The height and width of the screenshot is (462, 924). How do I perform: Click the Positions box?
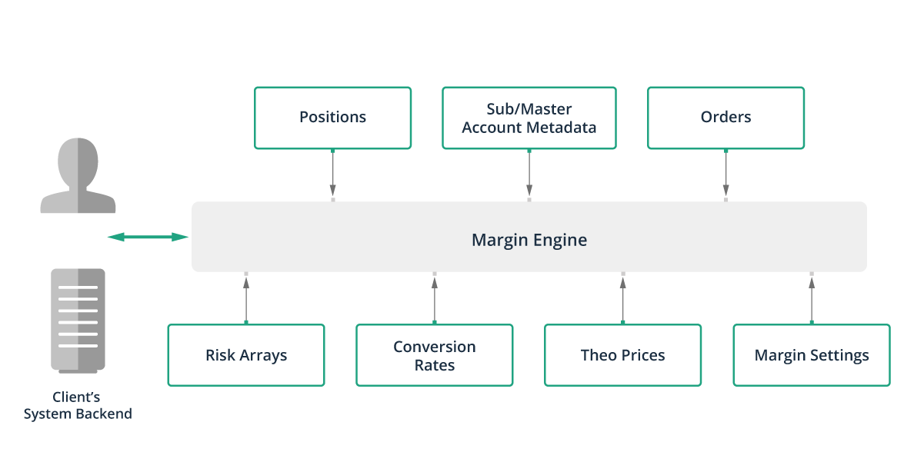(x=332, y=118)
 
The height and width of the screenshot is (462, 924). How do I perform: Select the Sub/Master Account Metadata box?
(x=529, y=118)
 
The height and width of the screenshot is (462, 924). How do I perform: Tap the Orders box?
(x=726, y=118)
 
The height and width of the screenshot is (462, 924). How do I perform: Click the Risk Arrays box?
(x=246, y=355)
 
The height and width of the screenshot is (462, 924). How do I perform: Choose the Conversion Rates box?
(x=435, y=355)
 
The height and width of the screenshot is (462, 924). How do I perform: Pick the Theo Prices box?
(x=622, y=355)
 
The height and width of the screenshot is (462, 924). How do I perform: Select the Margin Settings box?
(x=812, y=355)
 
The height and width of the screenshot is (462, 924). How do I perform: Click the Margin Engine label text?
(x=529, y=240)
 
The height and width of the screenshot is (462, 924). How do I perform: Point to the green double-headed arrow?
(x=148, y=237)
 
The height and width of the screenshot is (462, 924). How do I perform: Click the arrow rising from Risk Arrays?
(x=246, y=299)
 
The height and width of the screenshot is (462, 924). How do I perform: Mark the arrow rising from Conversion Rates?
(x=435, y=299)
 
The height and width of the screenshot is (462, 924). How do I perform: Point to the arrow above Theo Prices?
(x=623, y=299)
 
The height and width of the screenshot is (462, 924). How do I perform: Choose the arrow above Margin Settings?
(x=812, y=299)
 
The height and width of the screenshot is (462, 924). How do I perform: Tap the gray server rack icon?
(x=78, y=319)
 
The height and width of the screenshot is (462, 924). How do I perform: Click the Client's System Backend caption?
(x=78, y=406)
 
